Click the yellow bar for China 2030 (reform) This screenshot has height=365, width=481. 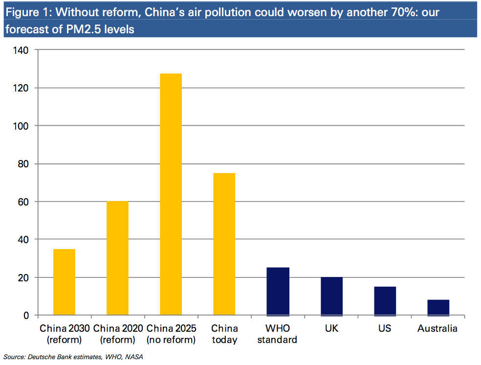64,282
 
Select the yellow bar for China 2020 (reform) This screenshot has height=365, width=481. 117,258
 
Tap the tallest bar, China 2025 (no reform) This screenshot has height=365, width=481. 171,194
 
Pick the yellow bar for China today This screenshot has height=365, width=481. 224,244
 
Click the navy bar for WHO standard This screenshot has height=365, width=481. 278,292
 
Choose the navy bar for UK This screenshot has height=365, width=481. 331,296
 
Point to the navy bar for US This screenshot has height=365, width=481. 385,301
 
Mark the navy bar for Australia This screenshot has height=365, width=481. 438,307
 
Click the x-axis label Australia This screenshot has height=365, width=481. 437,328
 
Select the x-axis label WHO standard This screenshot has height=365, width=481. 278,334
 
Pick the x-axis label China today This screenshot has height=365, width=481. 224,334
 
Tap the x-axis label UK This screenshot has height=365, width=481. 331,328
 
